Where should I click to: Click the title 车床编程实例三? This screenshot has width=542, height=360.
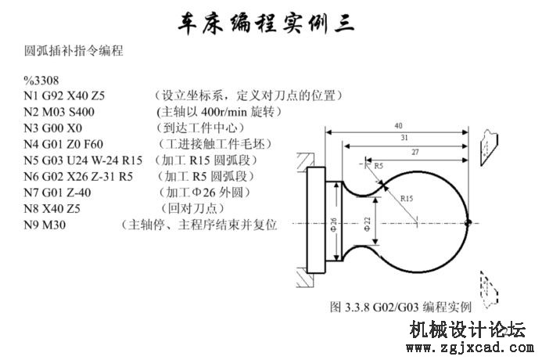266,23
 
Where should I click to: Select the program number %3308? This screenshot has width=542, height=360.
41,81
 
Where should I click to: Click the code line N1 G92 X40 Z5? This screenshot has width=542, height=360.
64,95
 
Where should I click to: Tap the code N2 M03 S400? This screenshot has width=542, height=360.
59,112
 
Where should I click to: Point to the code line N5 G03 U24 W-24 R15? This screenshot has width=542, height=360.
83,160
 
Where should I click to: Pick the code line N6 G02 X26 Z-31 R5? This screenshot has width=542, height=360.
78,176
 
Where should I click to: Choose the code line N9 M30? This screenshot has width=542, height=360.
45,225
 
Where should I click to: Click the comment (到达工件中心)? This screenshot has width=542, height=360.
200,128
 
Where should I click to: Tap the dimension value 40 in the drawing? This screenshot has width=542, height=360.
398,125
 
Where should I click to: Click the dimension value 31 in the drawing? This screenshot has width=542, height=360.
404,138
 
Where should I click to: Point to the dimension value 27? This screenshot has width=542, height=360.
415,152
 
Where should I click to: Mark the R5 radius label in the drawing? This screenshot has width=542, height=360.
379,166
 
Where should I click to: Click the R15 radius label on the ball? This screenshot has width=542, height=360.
407,199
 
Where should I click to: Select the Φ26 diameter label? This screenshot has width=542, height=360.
333,225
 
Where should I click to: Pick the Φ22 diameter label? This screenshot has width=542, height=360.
367,224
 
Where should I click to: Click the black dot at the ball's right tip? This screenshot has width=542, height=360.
468,223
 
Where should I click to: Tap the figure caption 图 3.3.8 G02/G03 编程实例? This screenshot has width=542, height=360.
400,307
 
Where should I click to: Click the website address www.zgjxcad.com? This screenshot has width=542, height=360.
470,347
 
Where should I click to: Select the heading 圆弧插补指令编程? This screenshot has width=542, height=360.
74,51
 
